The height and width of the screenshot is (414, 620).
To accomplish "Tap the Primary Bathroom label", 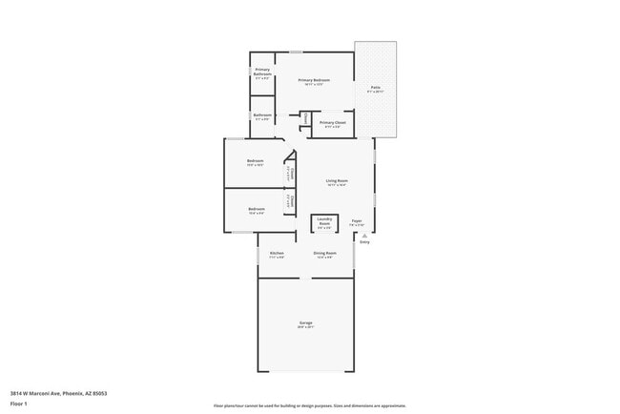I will tap(262, 72).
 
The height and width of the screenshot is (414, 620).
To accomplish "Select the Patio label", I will tap(376, 87).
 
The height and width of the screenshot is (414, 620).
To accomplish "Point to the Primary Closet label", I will tap(333, 122).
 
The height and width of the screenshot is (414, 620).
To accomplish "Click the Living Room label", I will tap(336, 180).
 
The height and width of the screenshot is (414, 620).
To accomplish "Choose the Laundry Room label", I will tap(324, 222).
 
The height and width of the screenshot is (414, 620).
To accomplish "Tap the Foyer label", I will tap(357, 220).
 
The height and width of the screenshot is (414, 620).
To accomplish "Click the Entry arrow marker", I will tap(363, 236).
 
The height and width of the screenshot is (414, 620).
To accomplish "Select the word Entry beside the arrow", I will tap(364, 242).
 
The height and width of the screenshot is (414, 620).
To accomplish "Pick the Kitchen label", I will tap(277, 253).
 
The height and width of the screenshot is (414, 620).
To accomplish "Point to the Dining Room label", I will tap(324, 253).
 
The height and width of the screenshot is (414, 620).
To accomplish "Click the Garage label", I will tap(306, 323).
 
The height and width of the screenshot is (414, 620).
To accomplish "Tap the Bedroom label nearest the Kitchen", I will tap(257, 209).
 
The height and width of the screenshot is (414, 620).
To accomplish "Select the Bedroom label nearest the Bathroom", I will tap(255, 160).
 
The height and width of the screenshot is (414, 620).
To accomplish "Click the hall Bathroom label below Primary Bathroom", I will tap(262, 115).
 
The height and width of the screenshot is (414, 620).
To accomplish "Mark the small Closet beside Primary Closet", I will tap(304, 118).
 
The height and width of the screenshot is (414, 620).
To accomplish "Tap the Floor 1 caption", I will tap(18, 404).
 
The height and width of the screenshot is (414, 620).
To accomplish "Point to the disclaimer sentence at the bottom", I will tap(309, 404).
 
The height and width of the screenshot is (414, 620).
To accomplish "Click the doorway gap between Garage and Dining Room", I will tap(306, 279).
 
